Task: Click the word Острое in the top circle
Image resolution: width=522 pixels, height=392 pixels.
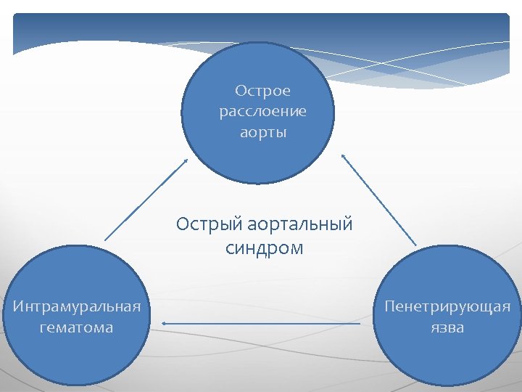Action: pos(262,91)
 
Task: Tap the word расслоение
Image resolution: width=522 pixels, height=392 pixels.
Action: pos(262,112)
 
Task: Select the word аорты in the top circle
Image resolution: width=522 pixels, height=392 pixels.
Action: pos(262,133)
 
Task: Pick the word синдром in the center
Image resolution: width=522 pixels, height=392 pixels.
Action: pos(264,248)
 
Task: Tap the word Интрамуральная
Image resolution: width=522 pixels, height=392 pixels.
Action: pos(76,306)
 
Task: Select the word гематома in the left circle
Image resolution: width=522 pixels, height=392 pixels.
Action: pos(76,327)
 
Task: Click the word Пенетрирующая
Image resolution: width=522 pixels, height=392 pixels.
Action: pos(447,306)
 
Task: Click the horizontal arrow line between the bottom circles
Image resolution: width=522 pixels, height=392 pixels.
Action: pos(261,323)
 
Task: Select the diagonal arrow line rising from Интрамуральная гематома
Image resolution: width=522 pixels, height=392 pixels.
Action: pos(145,200)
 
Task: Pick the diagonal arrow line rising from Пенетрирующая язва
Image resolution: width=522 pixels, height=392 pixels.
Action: pos(379,200)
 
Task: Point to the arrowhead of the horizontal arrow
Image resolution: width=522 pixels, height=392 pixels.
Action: pos(164,323)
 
